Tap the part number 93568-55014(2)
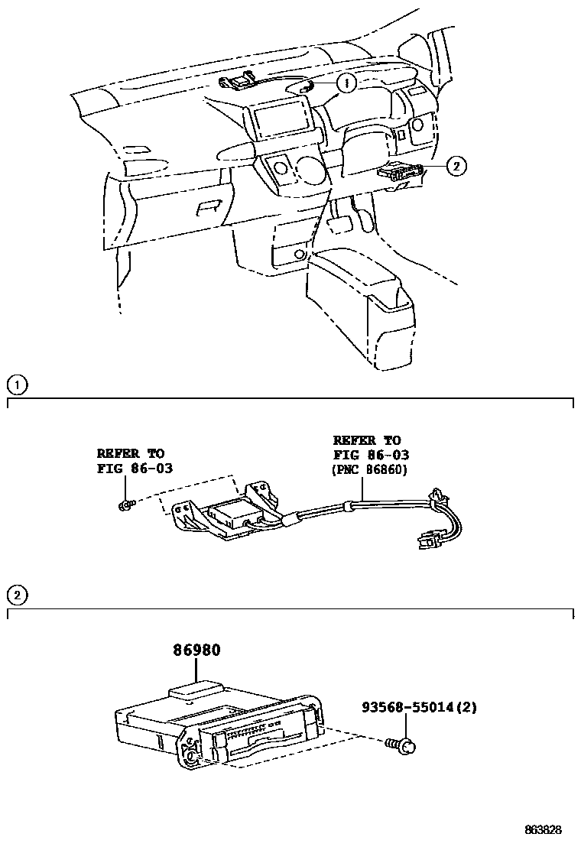(x=419, y=708)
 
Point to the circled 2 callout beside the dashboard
(x=456, y=165)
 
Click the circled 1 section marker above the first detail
(x=17, y=384)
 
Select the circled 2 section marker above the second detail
(x=17, y=595)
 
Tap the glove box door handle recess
(x=206, y=209)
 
